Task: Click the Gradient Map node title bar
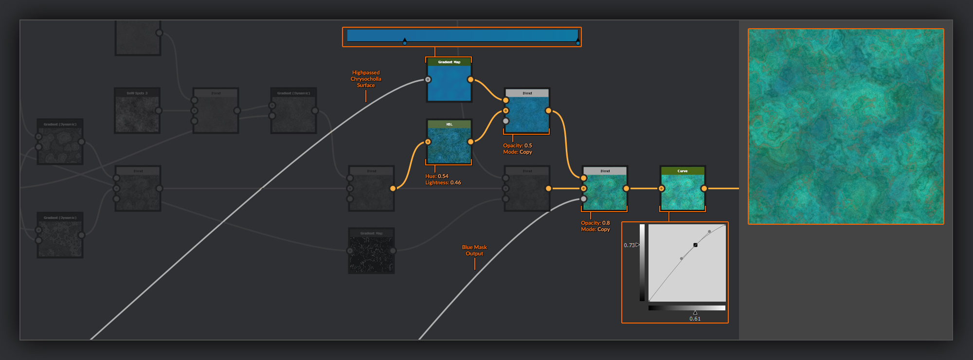[x=449, y=62]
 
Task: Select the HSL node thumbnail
[x=449, y=145]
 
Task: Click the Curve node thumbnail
[x=683, y=192]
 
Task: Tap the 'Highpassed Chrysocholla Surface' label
[x=366, y=79]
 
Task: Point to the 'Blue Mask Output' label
[x=474, y=250]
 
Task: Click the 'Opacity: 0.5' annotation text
[x=517, y=145]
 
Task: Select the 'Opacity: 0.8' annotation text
[x=595, y=223]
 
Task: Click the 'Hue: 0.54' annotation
[x=437, y=176]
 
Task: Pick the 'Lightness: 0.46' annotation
[x=443, y=182]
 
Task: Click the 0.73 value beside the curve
[x=629, y=245]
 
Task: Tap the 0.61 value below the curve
[x=695, y=319]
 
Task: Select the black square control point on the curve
[x=695, y=245]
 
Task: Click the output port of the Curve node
[x=704, y=188]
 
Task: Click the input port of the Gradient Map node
[x=428, y=79]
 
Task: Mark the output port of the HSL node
[x=470, y=142]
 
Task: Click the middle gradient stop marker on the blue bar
[x=404, y=42]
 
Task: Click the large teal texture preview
[x=846, y=126]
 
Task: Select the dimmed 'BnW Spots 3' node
[x=137, y=110]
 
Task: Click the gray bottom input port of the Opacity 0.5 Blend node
[x=506, y=121]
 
